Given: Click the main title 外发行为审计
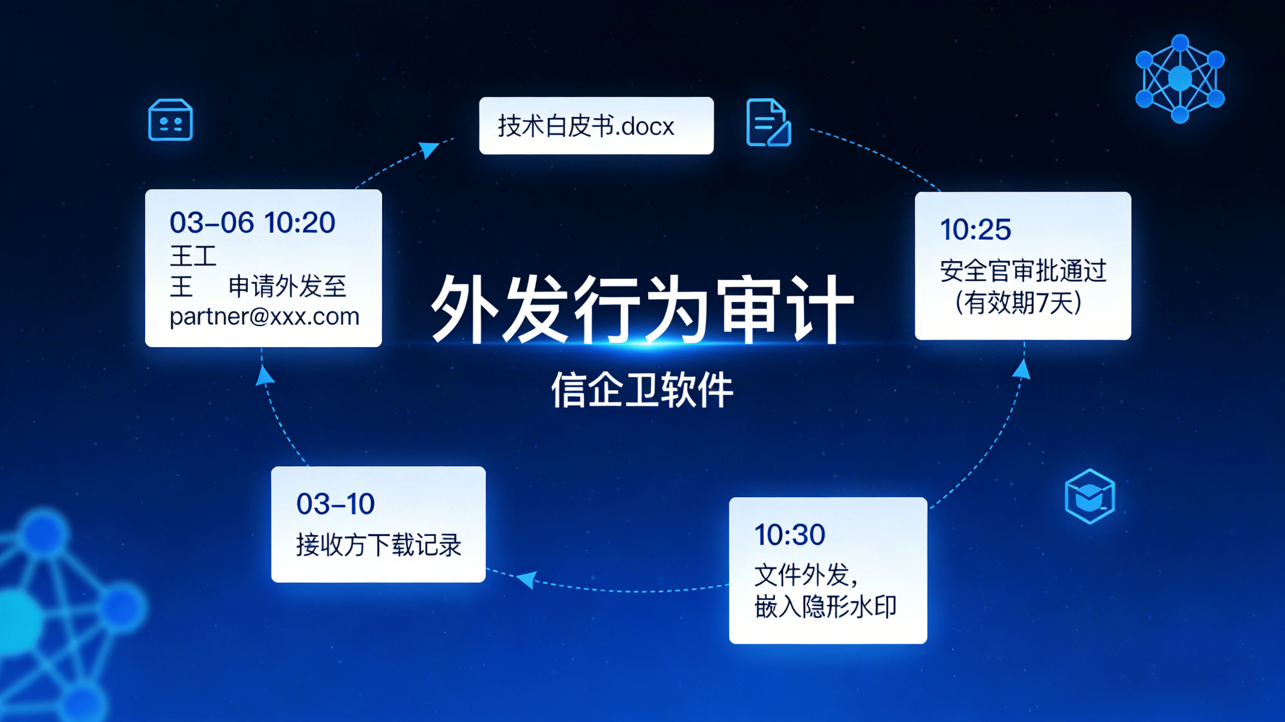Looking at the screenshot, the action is click(642, 309).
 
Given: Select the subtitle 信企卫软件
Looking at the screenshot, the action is click(642, 390).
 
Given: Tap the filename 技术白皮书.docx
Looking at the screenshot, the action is click(586, 126).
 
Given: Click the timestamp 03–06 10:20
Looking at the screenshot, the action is click(252, 222).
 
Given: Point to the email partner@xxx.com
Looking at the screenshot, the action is click(265, 317).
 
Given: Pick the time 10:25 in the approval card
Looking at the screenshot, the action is click(976, 230).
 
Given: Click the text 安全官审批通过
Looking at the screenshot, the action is click(1023, 271).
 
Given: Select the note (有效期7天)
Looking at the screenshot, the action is click(1018, 302).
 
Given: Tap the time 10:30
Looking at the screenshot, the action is click(790, 534).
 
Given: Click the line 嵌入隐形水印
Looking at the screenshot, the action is click(826, 607).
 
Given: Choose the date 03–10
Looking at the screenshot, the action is click(336, 504).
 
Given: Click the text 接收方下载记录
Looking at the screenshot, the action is click(378, 545).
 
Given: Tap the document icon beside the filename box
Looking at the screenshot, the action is click(768, 123).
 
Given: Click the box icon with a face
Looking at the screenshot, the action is click(170, 119).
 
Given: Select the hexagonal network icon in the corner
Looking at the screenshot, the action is click(1180, 78).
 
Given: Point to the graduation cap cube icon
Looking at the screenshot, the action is click(1090, 496).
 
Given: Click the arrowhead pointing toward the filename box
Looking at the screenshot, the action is click(428, 149).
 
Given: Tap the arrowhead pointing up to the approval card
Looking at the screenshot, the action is click(1021, 370).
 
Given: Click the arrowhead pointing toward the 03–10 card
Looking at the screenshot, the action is click(527, 579).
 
